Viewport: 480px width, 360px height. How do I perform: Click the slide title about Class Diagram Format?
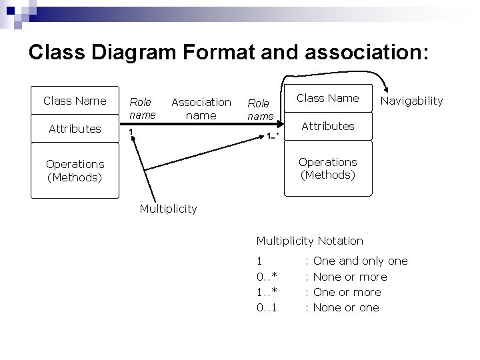tap(227, 53)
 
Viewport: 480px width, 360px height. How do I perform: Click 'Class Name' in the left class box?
tap(75, 101)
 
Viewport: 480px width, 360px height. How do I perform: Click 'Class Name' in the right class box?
tap(327, 98)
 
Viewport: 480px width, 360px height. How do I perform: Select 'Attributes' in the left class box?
tap(75, 129)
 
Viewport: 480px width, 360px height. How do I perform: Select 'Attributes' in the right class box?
tap(327, 126)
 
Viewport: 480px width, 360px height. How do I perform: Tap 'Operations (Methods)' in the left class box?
tap(75, 170)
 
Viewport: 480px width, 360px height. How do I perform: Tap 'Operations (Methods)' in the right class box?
tap(327, 168)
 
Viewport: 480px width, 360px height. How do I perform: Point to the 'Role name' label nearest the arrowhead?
tap(259, 109)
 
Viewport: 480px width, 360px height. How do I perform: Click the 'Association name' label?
tap(201, 108)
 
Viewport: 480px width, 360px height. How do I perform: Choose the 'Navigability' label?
tap(411, 101)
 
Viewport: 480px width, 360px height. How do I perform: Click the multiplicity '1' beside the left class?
tap(131, 131)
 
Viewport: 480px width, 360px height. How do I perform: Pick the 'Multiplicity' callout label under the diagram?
tap(168, 209)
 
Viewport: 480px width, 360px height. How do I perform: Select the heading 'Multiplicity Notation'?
tap(309, 241)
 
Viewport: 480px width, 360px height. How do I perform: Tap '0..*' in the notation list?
tap(267, 277)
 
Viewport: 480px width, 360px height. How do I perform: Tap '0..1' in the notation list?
tap(267, 307)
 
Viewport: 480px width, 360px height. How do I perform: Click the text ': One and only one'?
tap(356, 261)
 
